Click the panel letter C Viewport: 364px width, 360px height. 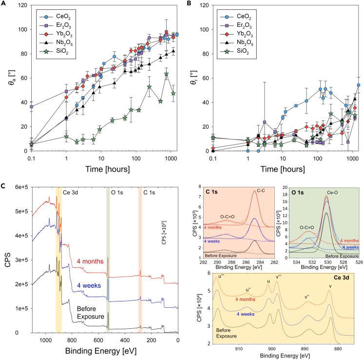pyautogui.click(x=4, y=187)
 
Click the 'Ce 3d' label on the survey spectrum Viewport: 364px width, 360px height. pyautogui.click(x=69, y=193)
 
